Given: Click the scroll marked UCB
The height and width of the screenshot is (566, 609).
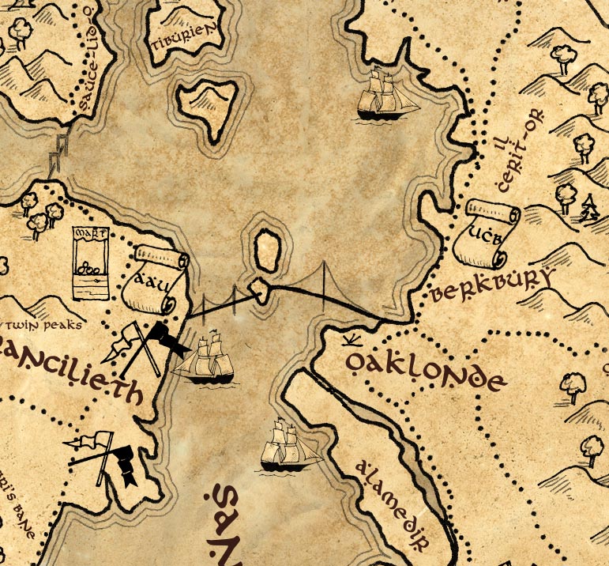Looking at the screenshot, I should tap(483, 233).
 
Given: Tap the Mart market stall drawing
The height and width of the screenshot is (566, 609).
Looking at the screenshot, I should tap(89, 263).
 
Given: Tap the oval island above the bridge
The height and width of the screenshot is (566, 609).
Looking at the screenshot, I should tap(268, 249).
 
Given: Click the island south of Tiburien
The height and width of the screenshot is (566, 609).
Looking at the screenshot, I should tap(208, 105).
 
